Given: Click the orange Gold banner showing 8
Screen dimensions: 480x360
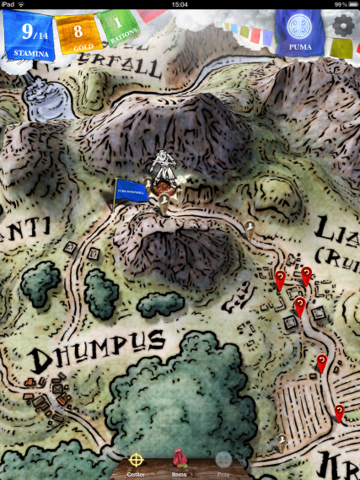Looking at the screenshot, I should tap(78, 34).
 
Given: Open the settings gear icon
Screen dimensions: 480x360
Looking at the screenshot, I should tap(342, 25).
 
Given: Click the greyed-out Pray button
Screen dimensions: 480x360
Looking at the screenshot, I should tap(223, 462).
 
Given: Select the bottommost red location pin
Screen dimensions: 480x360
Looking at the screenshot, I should tap(339, 412).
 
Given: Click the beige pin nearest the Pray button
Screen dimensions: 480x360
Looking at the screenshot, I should tap(282, 439).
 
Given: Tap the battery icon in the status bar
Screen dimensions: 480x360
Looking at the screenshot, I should tap(349, 4).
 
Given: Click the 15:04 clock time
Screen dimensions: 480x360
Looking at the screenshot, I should tap(180, 4).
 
